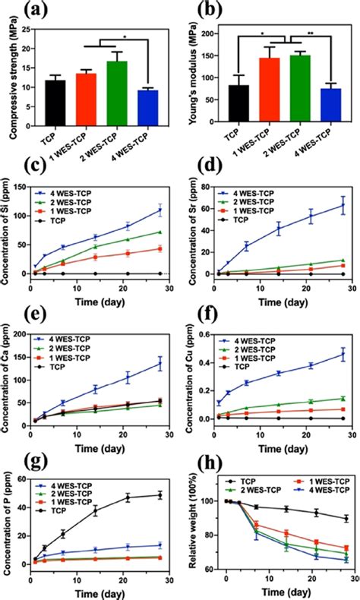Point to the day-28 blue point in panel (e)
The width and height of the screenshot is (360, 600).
point(159,364)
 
